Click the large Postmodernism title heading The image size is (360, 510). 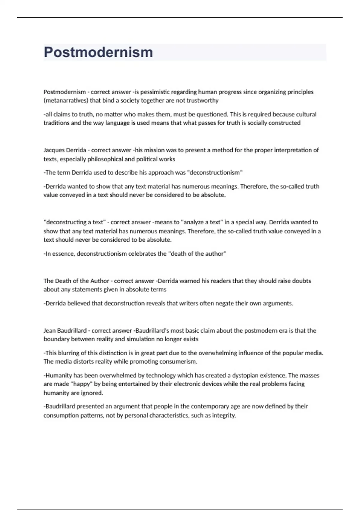[98, 52]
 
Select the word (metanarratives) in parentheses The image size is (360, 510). [66, 100]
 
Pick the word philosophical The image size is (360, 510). [105, 159]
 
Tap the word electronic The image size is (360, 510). [187, 384]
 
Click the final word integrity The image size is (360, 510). [224, 415]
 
